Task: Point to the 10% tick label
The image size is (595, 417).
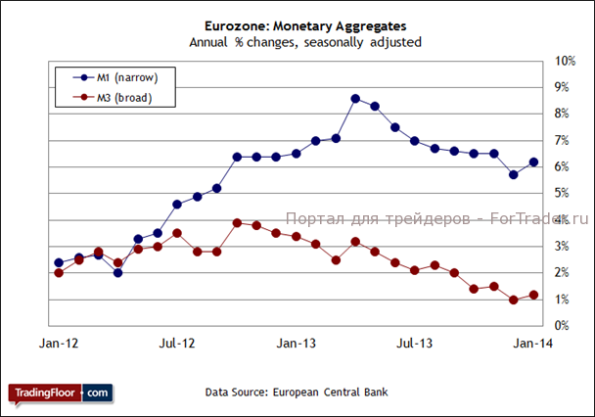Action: [566, 62]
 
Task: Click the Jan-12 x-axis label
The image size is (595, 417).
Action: [59, 345]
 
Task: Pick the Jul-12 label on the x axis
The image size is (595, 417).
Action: [177, 345]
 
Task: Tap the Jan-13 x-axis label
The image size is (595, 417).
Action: [296, 345]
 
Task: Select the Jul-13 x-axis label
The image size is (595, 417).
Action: [414, 345]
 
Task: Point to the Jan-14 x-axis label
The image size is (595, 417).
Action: [532, 345]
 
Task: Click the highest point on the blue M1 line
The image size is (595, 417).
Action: [355, 99]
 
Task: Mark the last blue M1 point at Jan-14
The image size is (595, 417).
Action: [533, 162]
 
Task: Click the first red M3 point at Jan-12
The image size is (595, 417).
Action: [59, 273]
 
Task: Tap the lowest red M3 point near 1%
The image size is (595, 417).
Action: [514, 301]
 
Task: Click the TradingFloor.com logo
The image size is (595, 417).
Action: [61, 393]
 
